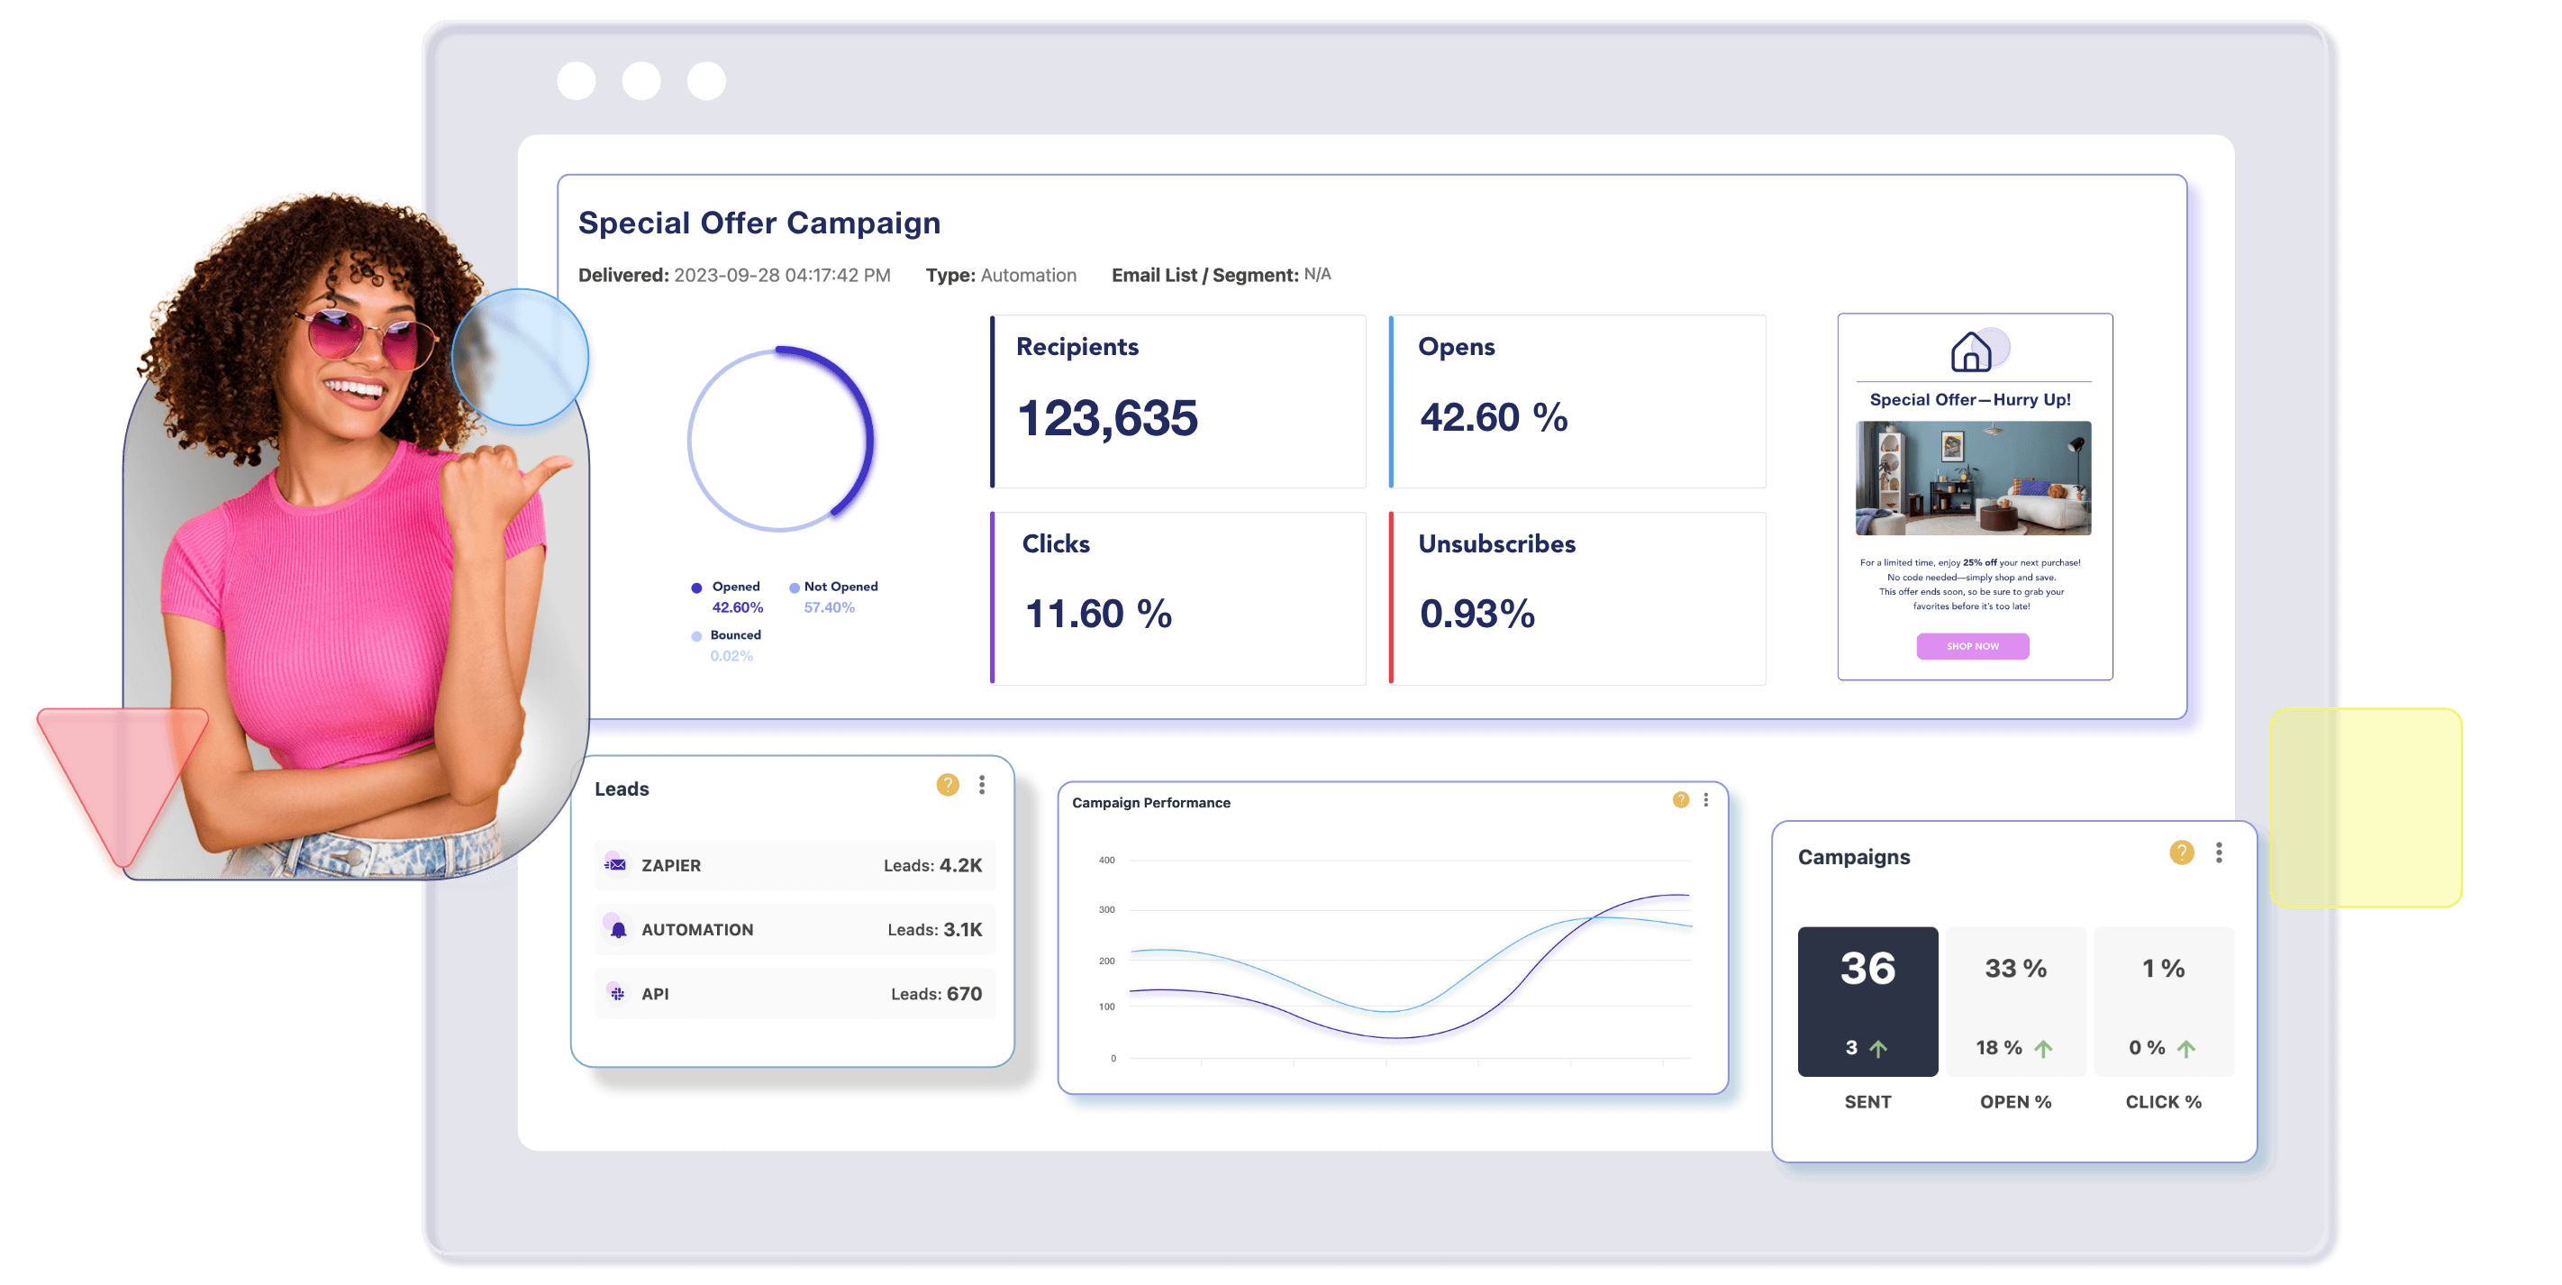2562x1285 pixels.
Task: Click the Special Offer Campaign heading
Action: coord(759,223)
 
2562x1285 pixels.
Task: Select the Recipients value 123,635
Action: coord(1107,418)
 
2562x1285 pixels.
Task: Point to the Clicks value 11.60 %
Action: coord(1098,614)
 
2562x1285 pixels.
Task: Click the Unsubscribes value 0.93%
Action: coord(1476,614)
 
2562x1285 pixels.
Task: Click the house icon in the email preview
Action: coord(1970,351)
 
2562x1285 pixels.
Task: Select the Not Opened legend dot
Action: coord(795,588)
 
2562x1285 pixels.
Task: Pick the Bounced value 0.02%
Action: coord(731,656)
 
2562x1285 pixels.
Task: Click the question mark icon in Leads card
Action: coord(948,785)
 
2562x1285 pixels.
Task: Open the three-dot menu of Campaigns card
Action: coord(2219,852)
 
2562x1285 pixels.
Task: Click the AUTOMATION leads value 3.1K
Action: coord(962,929)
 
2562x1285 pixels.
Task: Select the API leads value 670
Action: coord(964,994)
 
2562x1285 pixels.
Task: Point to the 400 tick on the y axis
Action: coord(1106,861)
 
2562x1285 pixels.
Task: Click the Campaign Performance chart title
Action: coord(1150,803)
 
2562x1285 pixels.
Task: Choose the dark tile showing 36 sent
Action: coord(1867,1000)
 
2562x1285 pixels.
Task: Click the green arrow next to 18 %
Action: coord(2043,1048)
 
